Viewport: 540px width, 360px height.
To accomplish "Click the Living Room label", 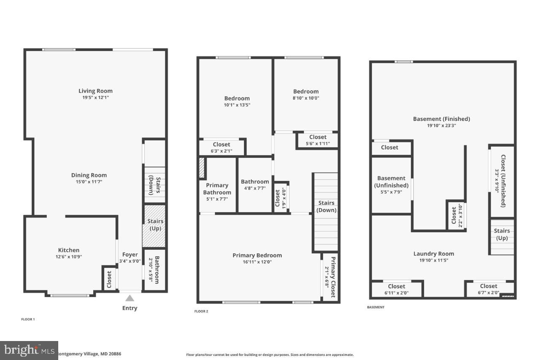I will click(x=95, y=91).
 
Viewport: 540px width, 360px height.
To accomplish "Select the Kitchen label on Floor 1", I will click(x=69, y=250).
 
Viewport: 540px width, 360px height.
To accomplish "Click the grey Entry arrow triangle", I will click(x=130, y=298).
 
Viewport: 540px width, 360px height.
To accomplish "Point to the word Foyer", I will click(x=130, y=254).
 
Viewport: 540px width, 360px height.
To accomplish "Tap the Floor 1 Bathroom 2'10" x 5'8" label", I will click(x=155, y=270).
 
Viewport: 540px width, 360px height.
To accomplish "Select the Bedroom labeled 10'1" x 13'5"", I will click(x=237, y=101).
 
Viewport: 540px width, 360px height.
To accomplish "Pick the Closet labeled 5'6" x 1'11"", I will click(x=318, y=140).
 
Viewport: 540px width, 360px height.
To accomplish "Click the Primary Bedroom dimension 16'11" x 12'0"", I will click(x=257, y=262).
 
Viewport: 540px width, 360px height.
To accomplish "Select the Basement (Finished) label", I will click(x=441, y=119).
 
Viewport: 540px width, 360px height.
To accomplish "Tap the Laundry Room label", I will click(x=434, y=254).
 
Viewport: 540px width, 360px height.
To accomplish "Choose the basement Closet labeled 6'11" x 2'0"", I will click(x=397, y=289).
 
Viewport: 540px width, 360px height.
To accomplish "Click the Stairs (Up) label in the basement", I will click(x=502, y=234).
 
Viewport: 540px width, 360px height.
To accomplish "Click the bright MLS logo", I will click(x=29, y=350).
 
